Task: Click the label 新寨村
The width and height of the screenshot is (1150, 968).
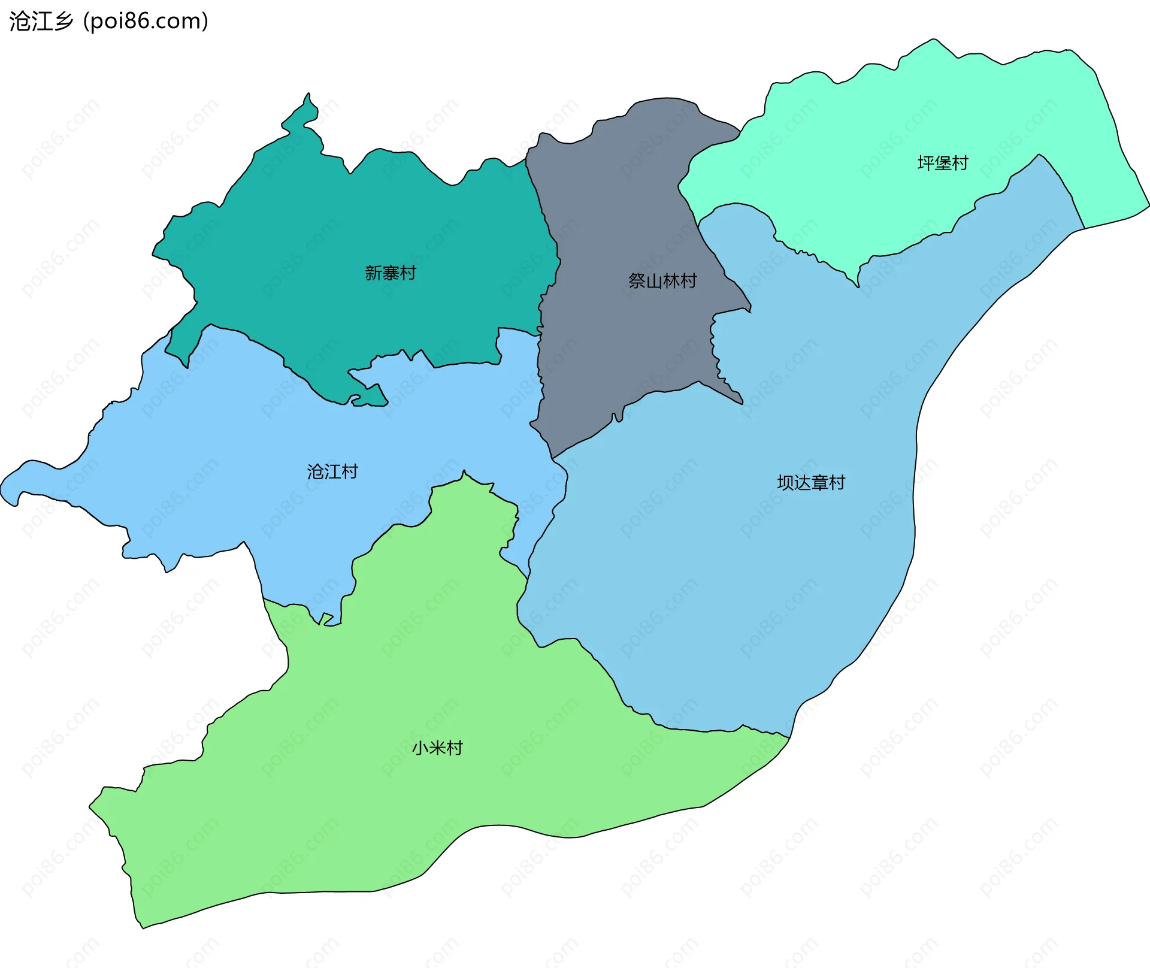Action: click(391, 273)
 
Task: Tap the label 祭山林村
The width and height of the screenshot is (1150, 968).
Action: click(662, 281)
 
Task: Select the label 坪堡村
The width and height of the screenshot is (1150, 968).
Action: click(943, 163)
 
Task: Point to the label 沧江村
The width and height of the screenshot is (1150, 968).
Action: click(332, 472)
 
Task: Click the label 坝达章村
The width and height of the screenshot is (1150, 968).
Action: click(811, 483)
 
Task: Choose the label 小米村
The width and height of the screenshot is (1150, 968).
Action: click(437, 748)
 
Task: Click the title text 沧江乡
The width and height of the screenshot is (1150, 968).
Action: click(41, 22)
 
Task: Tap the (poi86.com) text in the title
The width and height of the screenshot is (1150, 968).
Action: click(146, 22)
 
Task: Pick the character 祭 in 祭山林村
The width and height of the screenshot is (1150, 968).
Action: click(637, 281)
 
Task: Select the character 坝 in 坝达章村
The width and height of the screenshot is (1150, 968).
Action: click(785, 483)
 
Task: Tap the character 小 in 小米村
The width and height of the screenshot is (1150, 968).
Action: click(420, 748)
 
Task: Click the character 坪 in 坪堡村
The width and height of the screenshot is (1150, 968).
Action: click(925, 163)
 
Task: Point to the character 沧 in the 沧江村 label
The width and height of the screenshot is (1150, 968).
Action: click(315, 472)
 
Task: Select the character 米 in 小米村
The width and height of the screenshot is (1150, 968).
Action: click(437, 748)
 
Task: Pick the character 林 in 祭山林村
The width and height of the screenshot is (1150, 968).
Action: click(671, 281)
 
